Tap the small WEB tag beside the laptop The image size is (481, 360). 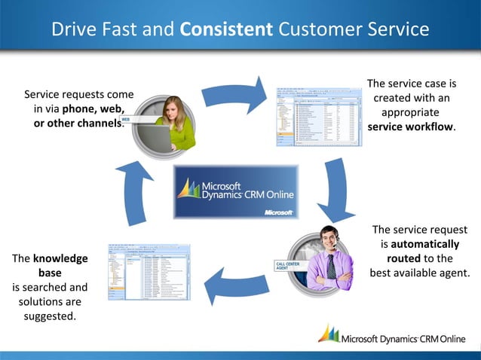[x=127, y=118]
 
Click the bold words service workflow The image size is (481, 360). [x=411, y=127]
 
